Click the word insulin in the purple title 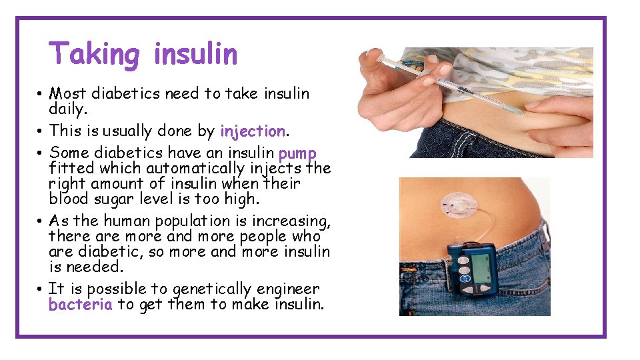tap(195, 54)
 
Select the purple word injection tap(252, 131)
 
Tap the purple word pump tap(297, 153)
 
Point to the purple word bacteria tap(80, 305)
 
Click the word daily tap(68, 108)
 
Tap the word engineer tap(288, 289)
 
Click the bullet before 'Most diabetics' tap(41, 94)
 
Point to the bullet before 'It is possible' tap(41, 289)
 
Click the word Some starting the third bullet tap(69, 153)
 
